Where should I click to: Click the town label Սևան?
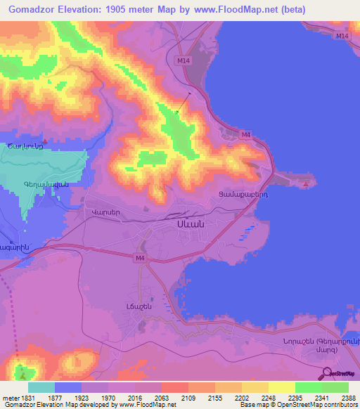tap(189, 223)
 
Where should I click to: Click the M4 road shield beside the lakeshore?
tap(245, 134)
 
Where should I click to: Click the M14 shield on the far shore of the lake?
tap(342, 35)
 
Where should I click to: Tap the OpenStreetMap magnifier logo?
tap(326, 373)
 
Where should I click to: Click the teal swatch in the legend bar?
tap(41, 387)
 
